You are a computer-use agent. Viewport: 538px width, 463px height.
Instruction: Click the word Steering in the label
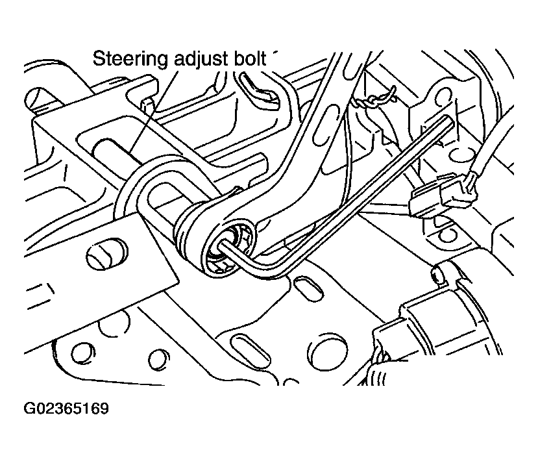pos(130,59)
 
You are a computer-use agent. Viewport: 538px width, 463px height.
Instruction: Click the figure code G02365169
pos(66,410)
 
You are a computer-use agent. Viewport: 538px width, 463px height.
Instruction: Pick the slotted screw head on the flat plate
pos(104,255)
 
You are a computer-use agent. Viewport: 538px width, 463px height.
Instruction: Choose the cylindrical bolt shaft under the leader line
pos(117,153)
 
